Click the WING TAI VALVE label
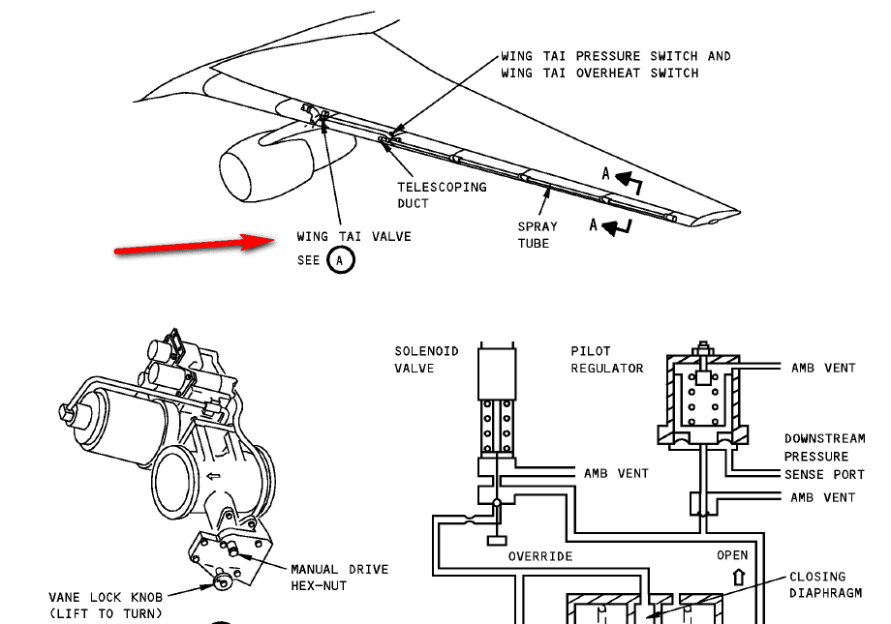[353, 236]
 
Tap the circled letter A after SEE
[340, 260]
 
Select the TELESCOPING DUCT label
[442, 194]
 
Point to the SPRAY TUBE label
[537, 234]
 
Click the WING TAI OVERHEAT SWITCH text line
[599, 73]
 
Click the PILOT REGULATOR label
[606, 359]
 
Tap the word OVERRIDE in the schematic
[540, 556]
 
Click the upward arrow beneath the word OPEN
[739, 577]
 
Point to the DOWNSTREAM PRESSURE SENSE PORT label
[824, 456]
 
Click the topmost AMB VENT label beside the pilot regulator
[822, 368]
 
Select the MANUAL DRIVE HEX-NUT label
[339, 577]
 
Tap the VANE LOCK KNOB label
[106, 605]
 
